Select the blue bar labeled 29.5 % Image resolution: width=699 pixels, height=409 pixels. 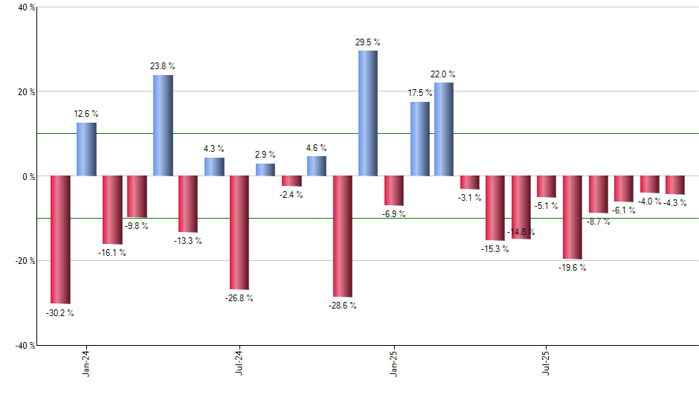[x=368, y=113]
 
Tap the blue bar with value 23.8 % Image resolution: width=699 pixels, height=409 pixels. [x=164, y=126]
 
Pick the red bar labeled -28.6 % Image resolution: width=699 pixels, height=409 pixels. [x=343, y=236]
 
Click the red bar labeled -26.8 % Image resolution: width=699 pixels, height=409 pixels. [x=239, y=233]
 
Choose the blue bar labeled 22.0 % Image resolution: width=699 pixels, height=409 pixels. [x=444, y=129]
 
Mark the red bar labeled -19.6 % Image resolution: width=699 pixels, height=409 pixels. [x=573, y=217]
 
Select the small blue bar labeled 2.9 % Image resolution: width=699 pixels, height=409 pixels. [x=265, y=170]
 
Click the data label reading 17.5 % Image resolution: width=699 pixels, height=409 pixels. [x=420, y=93]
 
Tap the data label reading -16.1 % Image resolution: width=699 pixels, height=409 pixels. [x=112, y=253]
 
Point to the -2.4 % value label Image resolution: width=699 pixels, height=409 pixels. [x=291, y=195]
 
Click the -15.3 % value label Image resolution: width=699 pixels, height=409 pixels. [x=495, y=249]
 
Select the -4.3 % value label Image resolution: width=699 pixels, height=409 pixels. [x=675, y=203]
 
